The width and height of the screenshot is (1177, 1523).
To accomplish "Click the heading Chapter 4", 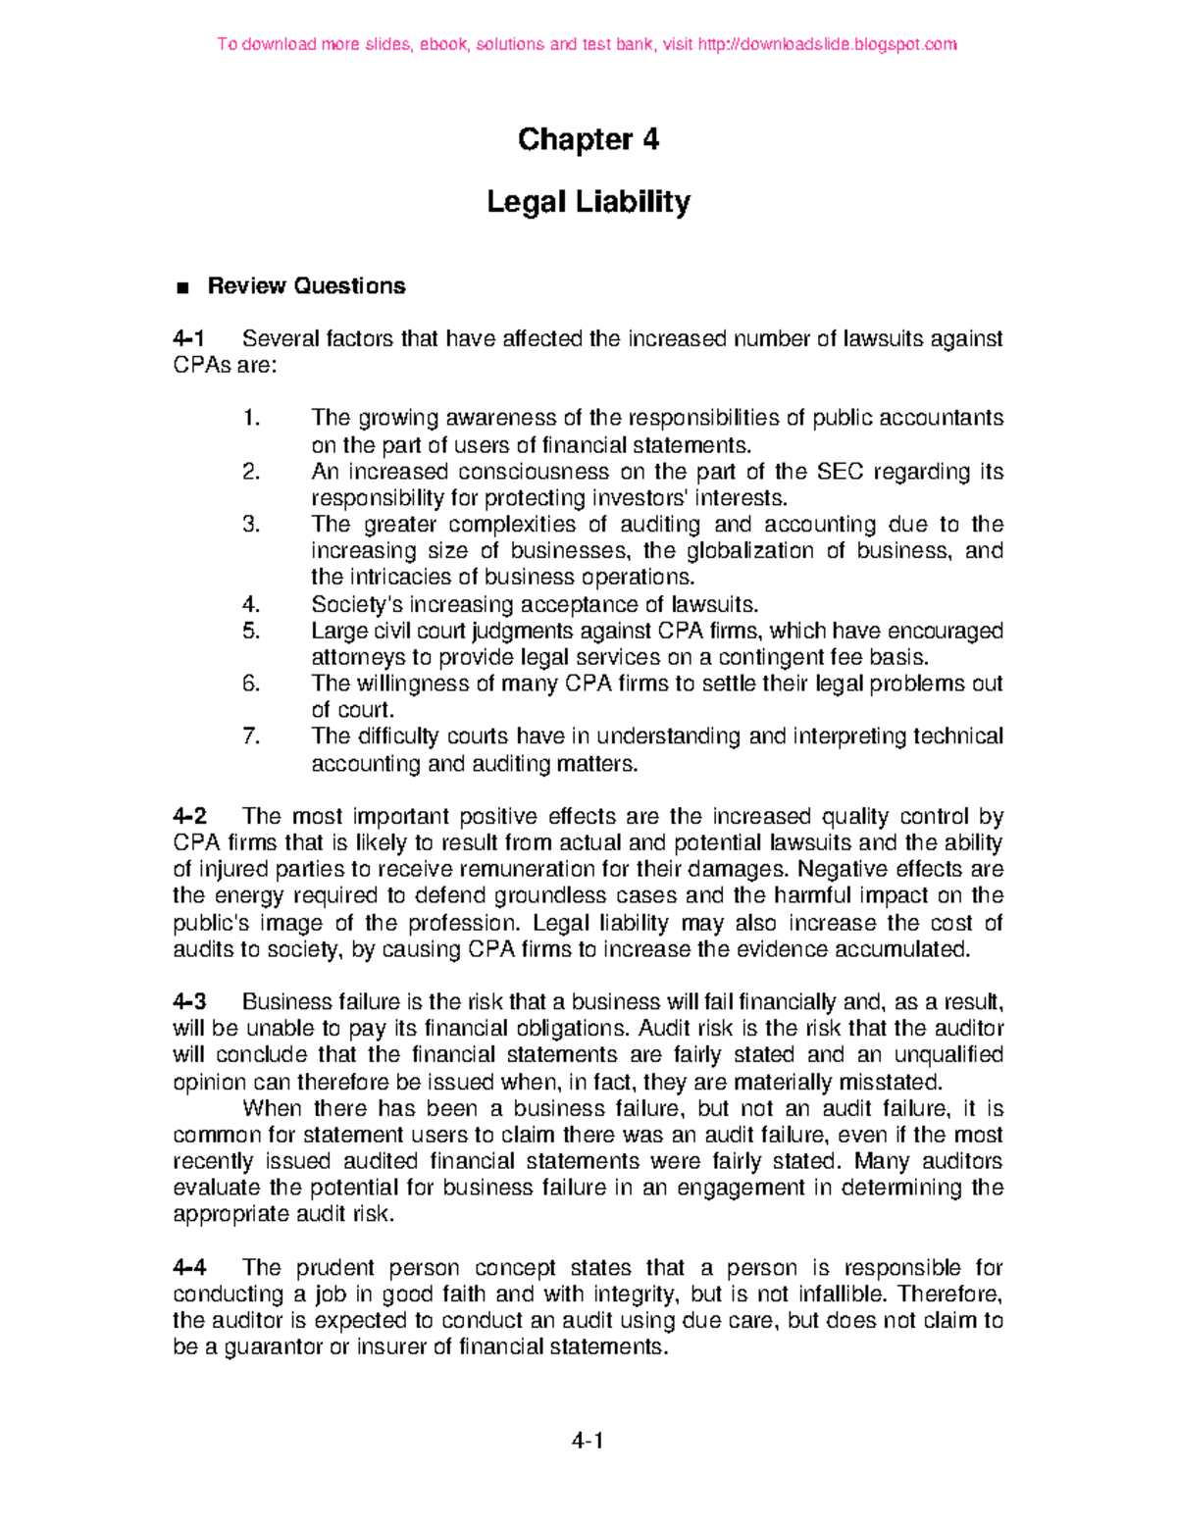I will [588, 140].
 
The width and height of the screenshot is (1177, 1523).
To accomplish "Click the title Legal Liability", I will [588, 202].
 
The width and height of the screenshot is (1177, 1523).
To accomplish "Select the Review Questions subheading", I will [306, 286].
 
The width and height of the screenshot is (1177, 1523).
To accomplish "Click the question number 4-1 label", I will [189, 339].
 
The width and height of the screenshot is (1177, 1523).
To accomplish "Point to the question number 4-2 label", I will [189, 817].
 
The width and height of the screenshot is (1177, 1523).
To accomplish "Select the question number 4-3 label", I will [189, 1002].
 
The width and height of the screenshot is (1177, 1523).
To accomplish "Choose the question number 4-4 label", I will [189, 1268].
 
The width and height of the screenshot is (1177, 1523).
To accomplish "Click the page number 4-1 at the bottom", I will [588, 1442].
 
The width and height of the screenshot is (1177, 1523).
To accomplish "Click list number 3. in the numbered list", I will [251, 525].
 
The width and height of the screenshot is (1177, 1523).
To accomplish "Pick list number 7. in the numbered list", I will [251, 736].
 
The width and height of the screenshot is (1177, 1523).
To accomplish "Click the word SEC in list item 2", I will [840, 472].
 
